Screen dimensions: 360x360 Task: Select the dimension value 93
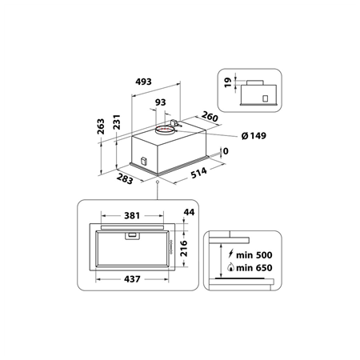click(x=160, y=103)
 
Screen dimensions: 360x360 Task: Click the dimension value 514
click(x=199, y=172)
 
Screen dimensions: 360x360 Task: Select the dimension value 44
click(x=189, y=212)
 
